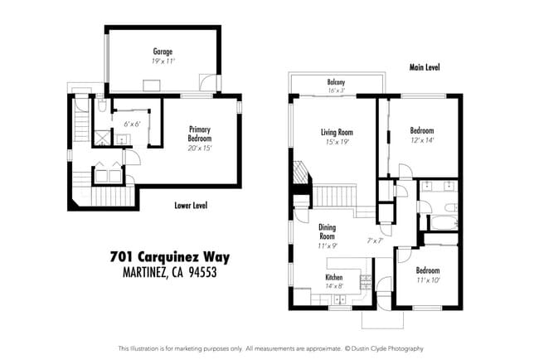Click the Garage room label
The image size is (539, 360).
[162, 51]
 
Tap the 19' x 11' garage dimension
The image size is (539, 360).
[162, 61]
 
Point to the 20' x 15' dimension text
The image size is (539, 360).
[200, 148]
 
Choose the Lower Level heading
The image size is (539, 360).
[191, 205]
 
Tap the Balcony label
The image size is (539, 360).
[336, 82]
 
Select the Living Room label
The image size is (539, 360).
[337, 132]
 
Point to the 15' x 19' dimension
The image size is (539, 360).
[337, 141]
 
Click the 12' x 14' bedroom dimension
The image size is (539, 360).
[421, 140]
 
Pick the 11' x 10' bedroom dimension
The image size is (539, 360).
[427, 280]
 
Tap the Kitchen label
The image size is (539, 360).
[333, 277]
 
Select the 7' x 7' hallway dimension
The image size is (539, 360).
[375, 241]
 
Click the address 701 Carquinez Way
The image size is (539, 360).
[169, 257]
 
